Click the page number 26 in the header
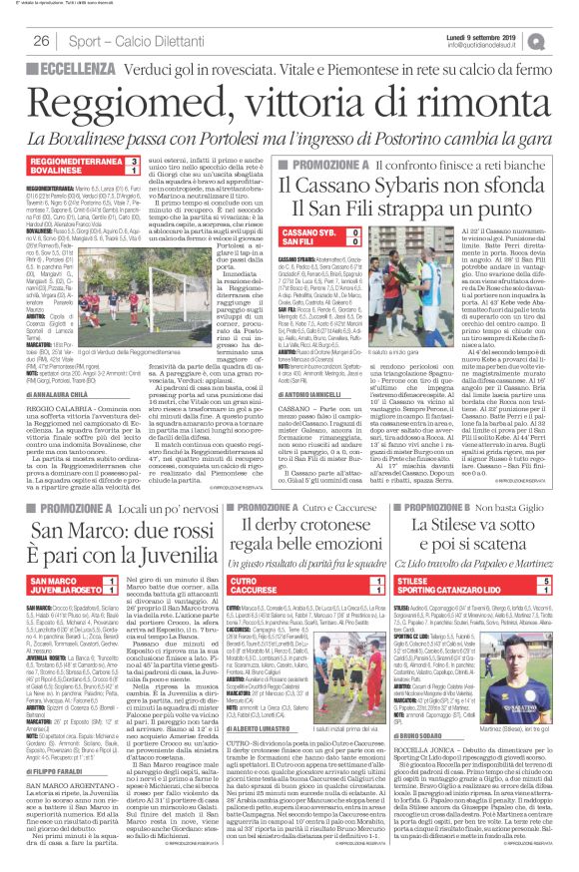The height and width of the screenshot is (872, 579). click(41, 40)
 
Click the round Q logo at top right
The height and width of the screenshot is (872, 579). click(565, 40)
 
